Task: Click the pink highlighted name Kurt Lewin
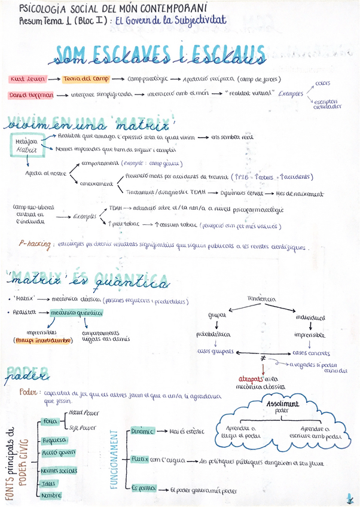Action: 27,79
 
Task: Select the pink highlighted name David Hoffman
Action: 30,95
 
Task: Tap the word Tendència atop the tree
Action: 261,298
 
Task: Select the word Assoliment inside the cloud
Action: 285,404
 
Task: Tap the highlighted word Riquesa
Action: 54,440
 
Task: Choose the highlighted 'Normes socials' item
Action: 60,470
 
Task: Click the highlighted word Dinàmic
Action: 143,430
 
